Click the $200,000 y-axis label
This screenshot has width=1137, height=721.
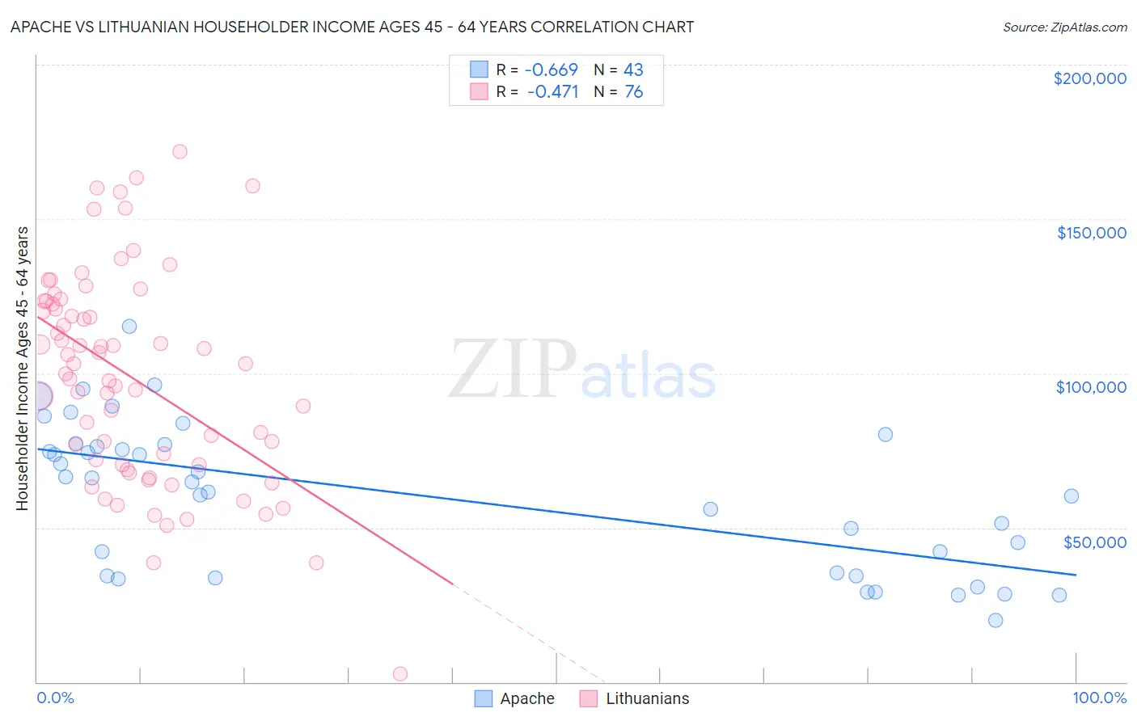point(1089,78)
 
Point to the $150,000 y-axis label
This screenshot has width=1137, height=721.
point(1091,233)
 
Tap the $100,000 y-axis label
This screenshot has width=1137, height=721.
point(1091,387)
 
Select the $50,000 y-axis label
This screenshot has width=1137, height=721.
point(1094,542)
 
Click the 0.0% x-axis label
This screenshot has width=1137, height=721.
point(55,698)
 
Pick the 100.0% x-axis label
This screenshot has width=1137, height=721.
point(1099,698)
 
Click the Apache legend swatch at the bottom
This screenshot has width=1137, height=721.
point(484,698)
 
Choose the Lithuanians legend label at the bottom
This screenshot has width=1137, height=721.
point(647,698)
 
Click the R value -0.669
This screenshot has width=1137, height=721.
point(552,70)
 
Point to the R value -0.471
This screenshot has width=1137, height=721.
point(552,92)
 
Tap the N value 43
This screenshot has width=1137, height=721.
point(633,70)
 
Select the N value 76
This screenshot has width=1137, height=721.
point(633,92)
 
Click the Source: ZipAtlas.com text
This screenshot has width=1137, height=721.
point(1064,27)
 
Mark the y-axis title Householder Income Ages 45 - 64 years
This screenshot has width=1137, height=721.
point(23,369)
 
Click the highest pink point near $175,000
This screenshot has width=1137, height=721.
point(180,152)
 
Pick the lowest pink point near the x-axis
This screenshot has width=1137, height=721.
point(399,673)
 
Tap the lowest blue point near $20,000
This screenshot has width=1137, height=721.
point(995,620)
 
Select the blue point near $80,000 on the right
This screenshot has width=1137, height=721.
point(886,434)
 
